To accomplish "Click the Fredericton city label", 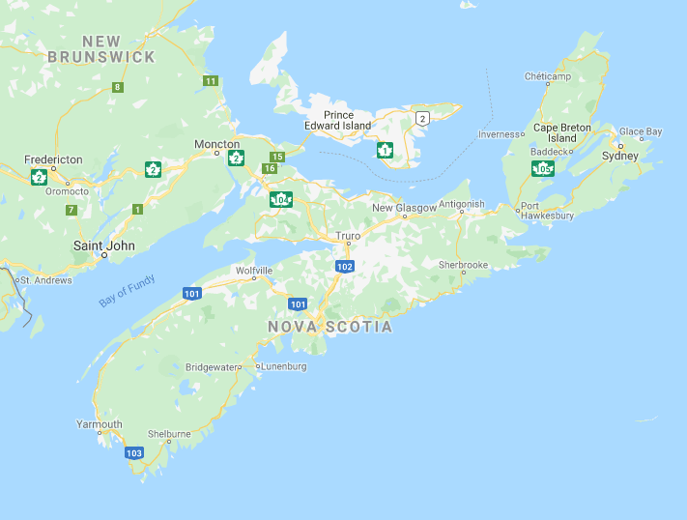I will point(54,159).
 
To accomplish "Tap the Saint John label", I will point(104,246).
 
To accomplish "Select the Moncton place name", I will point(216,144).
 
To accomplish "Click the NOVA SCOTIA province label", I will point(330,327).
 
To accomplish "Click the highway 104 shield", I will point(281,200).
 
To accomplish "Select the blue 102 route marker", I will point(345,266).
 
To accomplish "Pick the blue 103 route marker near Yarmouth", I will point(134,452).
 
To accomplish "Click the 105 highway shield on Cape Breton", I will point(542,169).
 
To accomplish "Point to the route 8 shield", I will point(117,87).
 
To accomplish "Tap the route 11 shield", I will point(211,80).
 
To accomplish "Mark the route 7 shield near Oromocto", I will point(72,209).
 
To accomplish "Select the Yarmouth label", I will point(100,424).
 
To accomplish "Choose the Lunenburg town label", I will point(285,366).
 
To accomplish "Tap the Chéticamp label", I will point(549,76).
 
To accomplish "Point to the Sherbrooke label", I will point(463,264).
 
